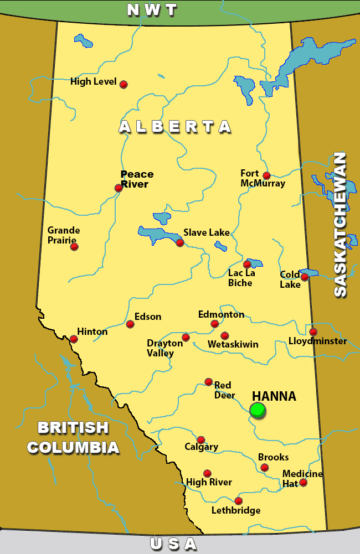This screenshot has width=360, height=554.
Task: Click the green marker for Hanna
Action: tap(258, 410)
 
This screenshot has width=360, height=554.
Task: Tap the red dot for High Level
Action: tap(124, 84)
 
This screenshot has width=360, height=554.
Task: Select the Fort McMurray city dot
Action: tap(266, 175)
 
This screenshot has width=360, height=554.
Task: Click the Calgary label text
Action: tap(201, 447)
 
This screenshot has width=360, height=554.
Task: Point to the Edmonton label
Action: tap(221, 314)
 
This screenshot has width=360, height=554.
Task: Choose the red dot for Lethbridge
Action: tap(238, 501)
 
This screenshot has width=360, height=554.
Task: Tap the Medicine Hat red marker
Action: tap(303, 483)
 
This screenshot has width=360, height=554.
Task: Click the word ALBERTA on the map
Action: tap(175, 127)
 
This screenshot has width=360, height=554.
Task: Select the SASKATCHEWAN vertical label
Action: tap(340, 224)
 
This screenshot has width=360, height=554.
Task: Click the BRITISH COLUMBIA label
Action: tap(73, 437)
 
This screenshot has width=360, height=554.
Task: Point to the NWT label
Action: tap(152, 9)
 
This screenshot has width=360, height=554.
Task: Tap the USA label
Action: tap(173, 544)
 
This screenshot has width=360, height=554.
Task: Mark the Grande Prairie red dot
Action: tap(74, 246)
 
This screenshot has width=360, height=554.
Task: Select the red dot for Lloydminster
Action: tap(313, 332)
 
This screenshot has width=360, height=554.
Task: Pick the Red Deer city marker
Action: tap(208, 381)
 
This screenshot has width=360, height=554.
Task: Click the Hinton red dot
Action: tap(74, 339)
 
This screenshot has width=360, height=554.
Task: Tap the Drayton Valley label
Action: tap(164, 348)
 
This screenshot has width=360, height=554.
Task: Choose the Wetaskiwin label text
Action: tap(233, 344)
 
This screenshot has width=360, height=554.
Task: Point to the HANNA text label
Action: tap(274, 396)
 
